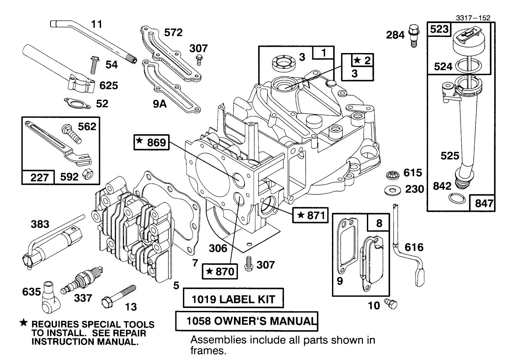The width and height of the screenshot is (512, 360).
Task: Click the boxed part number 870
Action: click(x=220, y=271)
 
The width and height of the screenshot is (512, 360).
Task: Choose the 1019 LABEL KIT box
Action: click(x=233, y=299)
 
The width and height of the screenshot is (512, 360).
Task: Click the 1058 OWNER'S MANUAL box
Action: click(x=247, y=321)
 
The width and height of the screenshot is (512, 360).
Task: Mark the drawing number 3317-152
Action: click(x=473, y=18)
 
